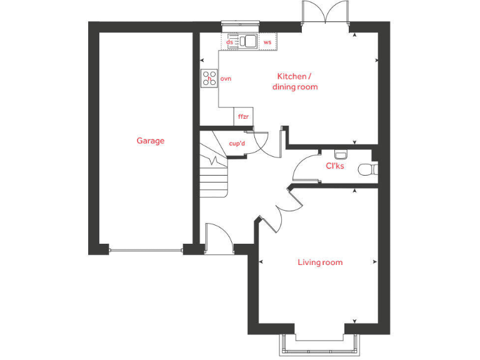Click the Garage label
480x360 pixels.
tap(151, 141)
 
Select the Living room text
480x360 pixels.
tap(319, 262)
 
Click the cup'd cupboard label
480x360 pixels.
tap(237, 144)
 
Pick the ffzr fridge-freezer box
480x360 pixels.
tap(242, 117)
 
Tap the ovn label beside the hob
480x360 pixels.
tap(226, 78)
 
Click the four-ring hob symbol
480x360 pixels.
tap(209, 78)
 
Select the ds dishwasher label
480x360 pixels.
tap(230, 42)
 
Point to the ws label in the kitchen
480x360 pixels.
tap(267, 42)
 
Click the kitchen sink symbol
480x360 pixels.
tap(248, 41)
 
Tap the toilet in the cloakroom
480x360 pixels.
tap(366, 169)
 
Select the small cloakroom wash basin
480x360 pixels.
tap(341, 154)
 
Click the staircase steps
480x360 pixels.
tap(212, 178)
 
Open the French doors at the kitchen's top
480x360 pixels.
tap(324, 14)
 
